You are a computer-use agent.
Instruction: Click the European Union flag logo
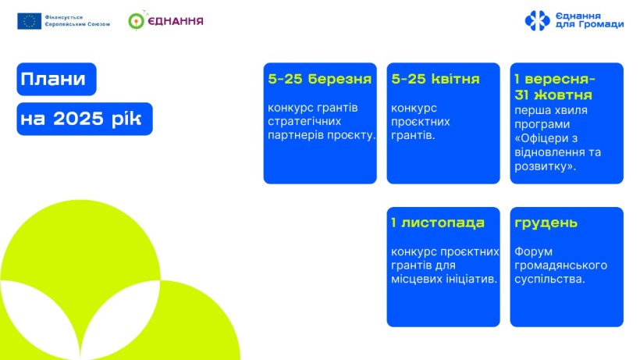(x=29, y=21)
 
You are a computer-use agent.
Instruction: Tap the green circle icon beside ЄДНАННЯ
(x=137, y=21)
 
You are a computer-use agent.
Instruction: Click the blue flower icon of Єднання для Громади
(x=537, y=20)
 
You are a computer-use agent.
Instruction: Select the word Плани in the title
(x=53, y=79)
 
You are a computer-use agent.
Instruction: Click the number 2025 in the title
(x=78, y=119)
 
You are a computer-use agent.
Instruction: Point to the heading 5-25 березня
(x=319, y=79)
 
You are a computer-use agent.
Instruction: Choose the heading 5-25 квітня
(x=435, y=79)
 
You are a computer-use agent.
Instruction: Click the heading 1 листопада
(x=438, y=223)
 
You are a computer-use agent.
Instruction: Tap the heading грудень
(x=546, y=223)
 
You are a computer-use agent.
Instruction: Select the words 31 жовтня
(x=553, y=95)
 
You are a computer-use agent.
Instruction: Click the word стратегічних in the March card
(x=304, y=121)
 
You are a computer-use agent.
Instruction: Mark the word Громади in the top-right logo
(x=599, y=24)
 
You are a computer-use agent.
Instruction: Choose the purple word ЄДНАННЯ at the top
(x=176, y=21)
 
